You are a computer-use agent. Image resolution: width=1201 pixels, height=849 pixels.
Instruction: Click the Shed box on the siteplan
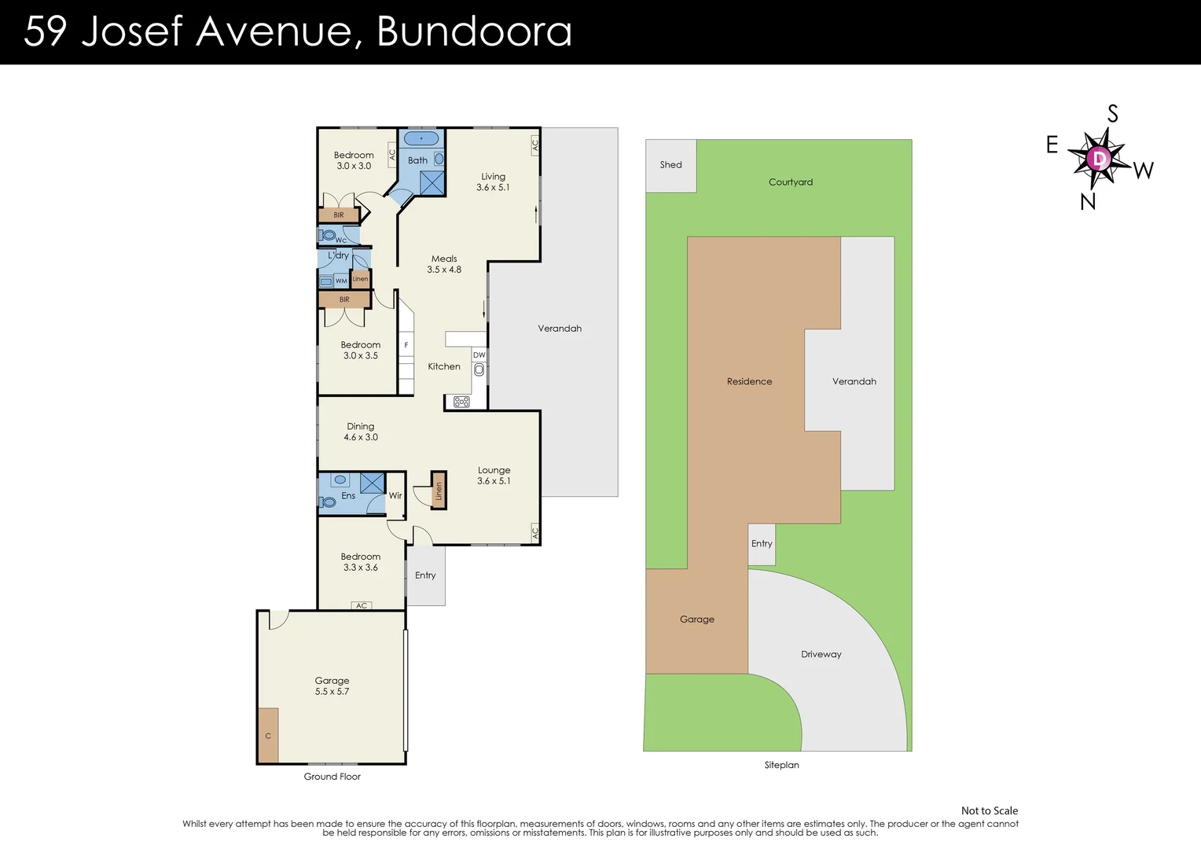pyautogui.click(x=670, y=166)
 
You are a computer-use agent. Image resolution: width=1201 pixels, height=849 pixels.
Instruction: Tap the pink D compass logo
pyautogui.click(x=1099, y=159)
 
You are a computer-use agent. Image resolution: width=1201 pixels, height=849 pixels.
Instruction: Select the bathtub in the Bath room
pyautogui.click(x=421, y=138)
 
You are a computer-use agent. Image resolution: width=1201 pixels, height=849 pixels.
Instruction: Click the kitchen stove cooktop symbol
pyautogui.click(x=461, y=402)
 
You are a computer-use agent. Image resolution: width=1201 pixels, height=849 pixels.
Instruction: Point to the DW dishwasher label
pyautogui.click(x=479, y=355)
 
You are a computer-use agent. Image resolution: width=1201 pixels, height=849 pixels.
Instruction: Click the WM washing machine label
pyautogui.click(x=341, y=281)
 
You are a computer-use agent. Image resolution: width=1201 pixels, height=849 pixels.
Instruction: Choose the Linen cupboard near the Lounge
pyautogui.click(x=439, y=491)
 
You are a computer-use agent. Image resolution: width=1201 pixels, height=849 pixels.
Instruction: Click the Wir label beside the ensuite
pyautogui.click(x=395, y=495)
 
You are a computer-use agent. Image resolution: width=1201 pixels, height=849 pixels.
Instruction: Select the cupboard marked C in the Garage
pyautogui.click(x=268, y=735)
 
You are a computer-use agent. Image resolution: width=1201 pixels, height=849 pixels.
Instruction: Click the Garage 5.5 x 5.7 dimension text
pyautogui.click(x=332, y=692)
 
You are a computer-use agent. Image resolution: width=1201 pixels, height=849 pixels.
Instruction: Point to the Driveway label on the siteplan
pyautogui.click(x=821, y=654)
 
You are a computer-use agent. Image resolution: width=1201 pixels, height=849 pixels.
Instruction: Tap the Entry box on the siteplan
pyautogui.click(x=762, y=544)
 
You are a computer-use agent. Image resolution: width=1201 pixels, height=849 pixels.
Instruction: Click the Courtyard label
pyautogui.click(x=790, y=182)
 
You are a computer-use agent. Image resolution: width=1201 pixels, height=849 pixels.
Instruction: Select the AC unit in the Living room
pyautogui.click(x=534, y=145)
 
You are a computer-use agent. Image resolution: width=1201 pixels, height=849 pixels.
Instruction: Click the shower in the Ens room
pyautogui.click(x=372, y=483)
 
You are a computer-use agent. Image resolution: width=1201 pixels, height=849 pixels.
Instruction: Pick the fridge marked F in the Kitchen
pyautogui.click(x=406, y=345)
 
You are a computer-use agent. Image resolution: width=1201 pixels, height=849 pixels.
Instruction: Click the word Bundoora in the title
pyautogui.click(x=474, y=31)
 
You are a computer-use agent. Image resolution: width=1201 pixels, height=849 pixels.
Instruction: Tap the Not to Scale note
pyautogui.click(x=990, y=811)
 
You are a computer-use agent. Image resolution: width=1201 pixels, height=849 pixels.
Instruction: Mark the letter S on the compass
pyautogui.click(x=1112, y=114)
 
